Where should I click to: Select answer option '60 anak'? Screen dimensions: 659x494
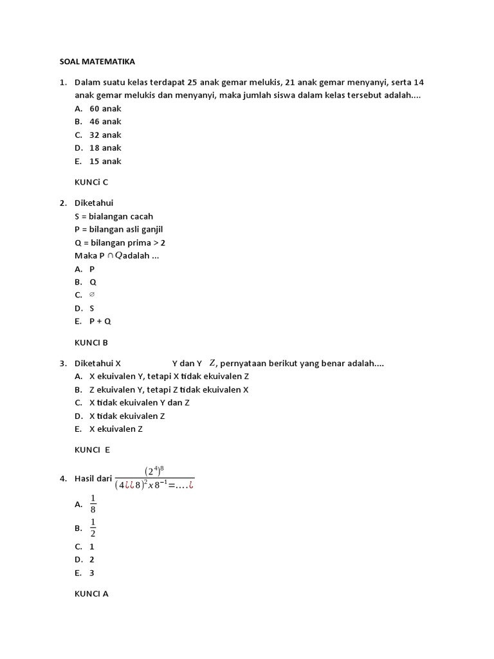click(x=105, y=108)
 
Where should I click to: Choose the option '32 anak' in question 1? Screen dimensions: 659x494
click(x=105, y=135)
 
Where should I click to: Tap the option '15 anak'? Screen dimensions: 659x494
click(x=105, y=161)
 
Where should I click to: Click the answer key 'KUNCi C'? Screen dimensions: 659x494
click(x=91, y=182)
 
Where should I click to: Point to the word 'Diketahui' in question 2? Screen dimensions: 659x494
click(x=94, y=203)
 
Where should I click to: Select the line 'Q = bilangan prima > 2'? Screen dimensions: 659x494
click(x=120, y=243)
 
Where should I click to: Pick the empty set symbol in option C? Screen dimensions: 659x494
click(x=92, y=295)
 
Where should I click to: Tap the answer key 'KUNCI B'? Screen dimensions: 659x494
click(x=91, y=342)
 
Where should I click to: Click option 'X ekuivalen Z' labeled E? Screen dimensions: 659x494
click(x=116, y=429)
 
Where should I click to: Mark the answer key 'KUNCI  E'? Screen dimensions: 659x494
click(x=93, y=450)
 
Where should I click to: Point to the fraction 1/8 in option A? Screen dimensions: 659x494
click(x=93, y=505)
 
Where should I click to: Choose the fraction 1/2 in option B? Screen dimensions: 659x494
click(x=93, y=528)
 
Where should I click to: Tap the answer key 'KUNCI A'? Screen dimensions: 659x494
click(x=91, y=594)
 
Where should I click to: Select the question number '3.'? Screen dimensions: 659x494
click(x=63, y=363)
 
